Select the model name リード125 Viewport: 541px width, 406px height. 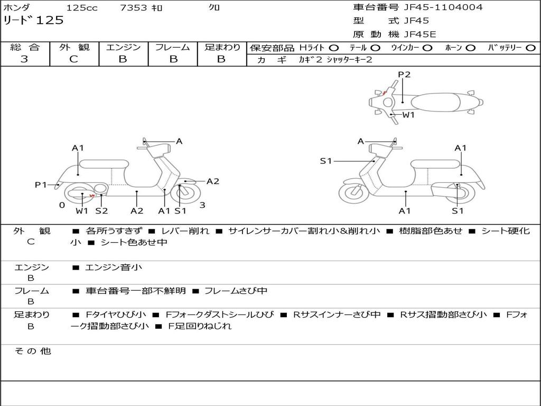point(33,21)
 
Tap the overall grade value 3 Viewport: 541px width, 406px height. point(24,59)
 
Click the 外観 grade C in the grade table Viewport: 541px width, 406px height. point(73,59)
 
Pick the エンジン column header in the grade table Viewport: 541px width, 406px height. point(123,47)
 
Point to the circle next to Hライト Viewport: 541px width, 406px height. point(333,48)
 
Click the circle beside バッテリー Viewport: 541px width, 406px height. point(530,48)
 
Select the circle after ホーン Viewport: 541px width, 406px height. point(470,48)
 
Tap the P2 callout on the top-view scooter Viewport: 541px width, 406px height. point(404,74)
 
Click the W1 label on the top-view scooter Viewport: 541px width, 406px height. point(408,115)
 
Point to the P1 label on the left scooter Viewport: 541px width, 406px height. point(41,184)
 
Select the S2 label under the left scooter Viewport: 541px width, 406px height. point(102,210)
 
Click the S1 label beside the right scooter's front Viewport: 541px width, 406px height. point(325,161)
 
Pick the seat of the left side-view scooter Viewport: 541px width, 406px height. point(104,164)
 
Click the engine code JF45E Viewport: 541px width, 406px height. point(420,34)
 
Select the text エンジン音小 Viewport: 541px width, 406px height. point(114,267)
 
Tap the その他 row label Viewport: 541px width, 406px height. point(33,351)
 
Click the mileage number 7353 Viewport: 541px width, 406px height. point(134,7)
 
